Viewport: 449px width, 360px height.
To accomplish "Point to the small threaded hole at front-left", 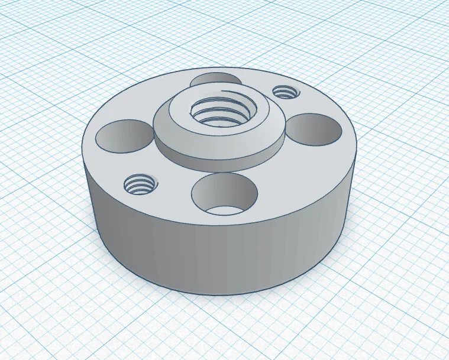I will coord(140,184).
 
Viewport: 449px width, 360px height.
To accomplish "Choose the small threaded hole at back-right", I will coord(285,92).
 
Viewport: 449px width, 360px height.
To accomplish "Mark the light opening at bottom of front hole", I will coord(225,209).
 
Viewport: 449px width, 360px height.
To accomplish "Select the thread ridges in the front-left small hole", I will coord(141,187).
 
